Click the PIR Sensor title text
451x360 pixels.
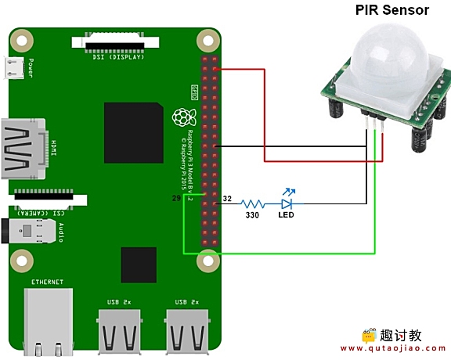(392, 10)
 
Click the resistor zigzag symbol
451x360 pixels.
(251, 203)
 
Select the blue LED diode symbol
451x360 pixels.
(286, 203)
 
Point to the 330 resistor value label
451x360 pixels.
(252, 214)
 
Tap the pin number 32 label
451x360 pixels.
(229, 199)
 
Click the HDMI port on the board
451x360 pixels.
(23, 149)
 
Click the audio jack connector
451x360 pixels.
(35, 232)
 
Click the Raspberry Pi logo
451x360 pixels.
(183, 118)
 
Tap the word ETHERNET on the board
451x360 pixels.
(48, 282)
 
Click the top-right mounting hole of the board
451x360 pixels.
(208, 38)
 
